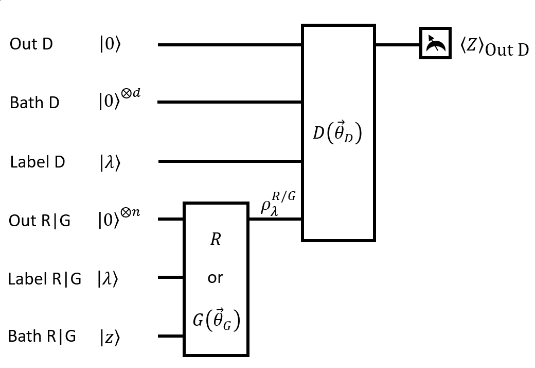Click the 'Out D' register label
(31, 44)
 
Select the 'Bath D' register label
(34, 103)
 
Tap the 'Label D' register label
(38, 162)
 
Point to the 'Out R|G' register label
(40, 221)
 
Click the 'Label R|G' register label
(44, 279)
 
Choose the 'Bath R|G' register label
(42, 337)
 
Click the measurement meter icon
(435, 43)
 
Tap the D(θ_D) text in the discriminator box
(337, 133)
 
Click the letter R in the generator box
(216, 240)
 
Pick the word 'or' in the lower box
(216, 278)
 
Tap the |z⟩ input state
(110, 338)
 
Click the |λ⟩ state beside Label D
(110, 162)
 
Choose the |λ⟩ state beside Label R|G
(108, 279)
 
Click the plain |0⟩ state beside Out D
(110, 45)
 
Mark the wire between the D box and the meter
(397, 45)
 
